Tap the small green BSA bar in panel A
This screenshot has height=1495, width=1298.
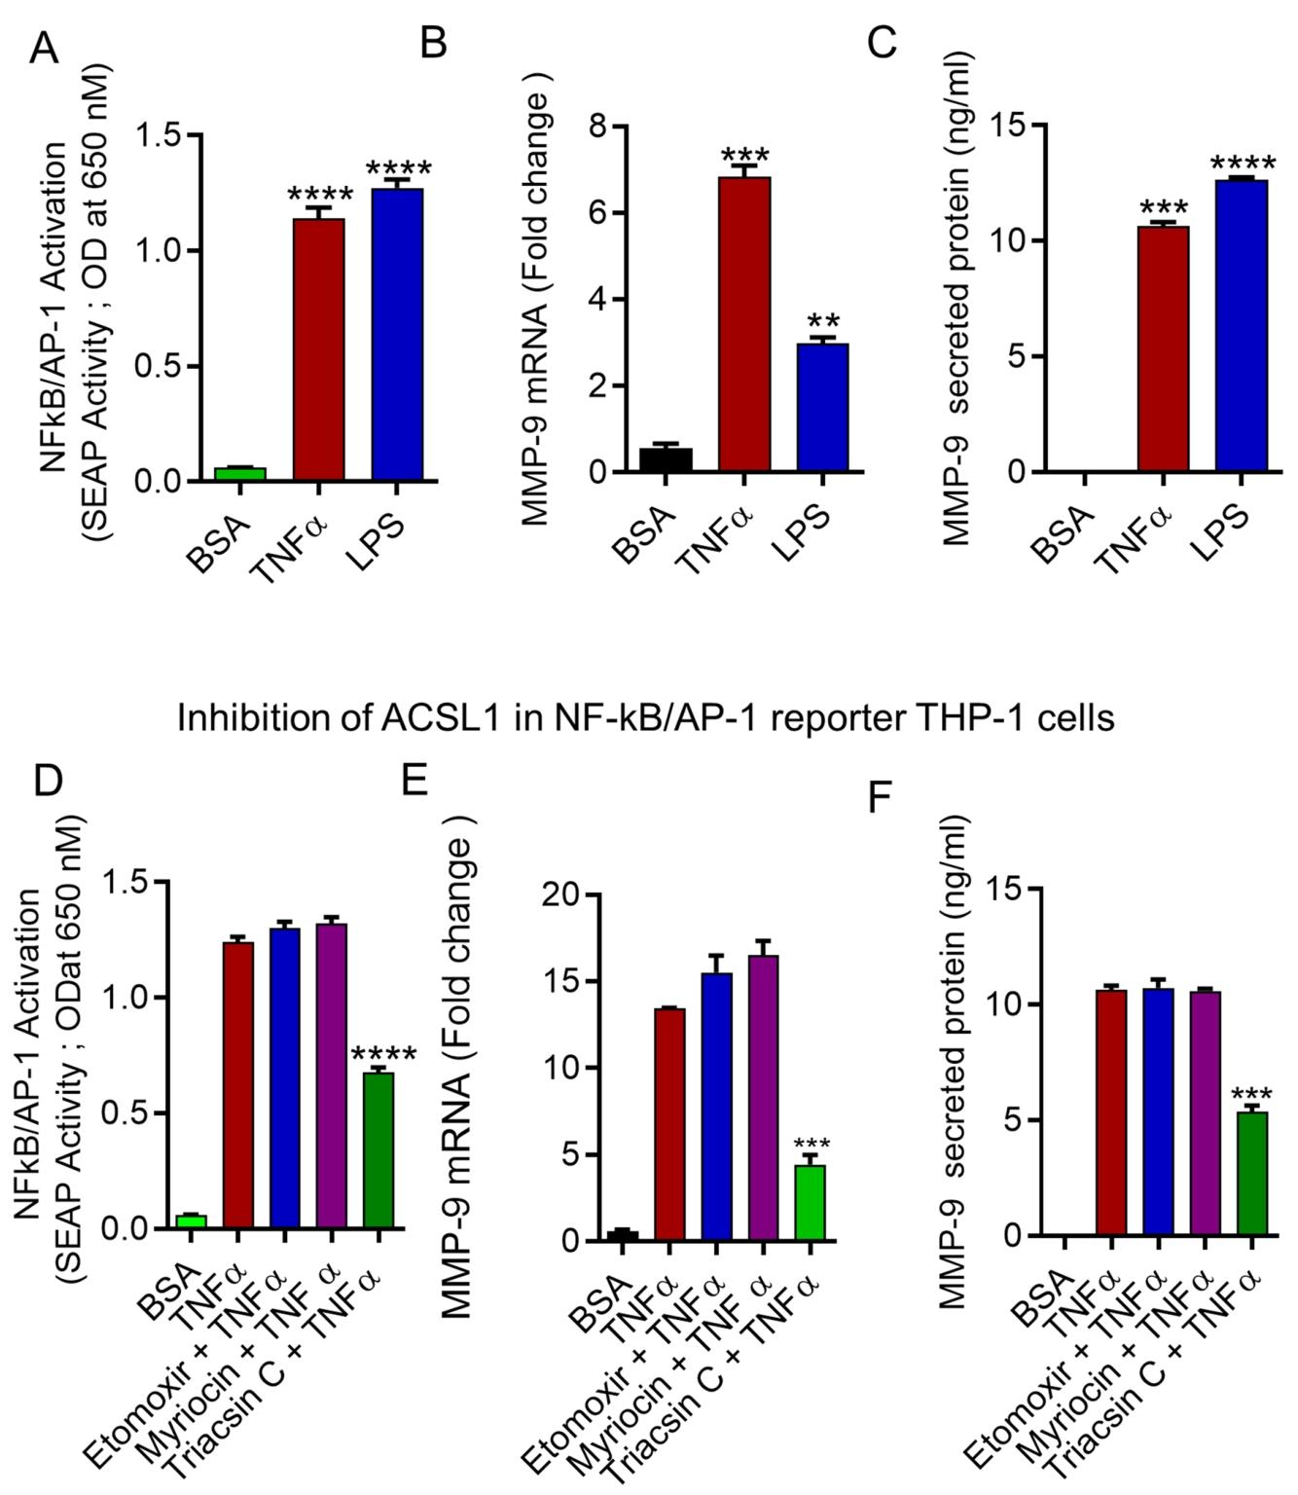pos(240,474)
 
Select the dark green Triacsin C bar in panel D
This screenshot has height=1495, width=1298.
pos(379,1149)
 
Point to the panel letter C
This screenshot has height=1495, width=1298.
pos(882,43)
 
